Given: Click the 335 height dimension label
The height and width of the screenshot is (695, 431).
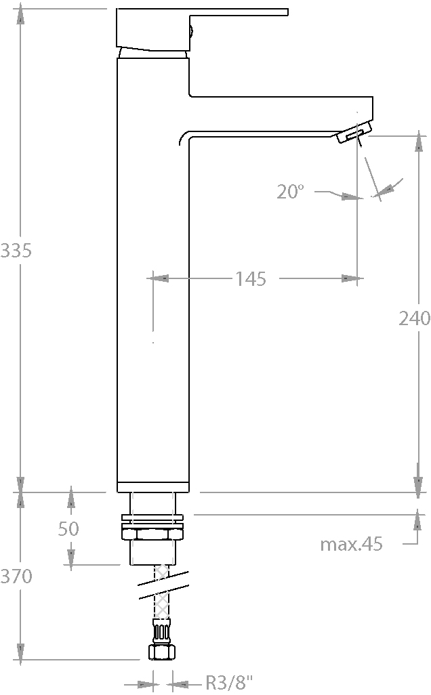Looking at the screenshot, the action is pos(16,251).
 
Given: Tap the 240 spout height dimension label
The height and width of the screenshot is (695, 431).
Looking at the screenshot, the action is pos(414,318).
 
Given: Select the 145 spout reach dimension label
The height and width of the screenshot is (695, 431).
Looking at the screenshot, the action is pos(251,279).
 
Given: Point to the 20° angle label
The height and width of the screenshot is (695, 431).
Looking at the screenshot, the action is pos(291,192).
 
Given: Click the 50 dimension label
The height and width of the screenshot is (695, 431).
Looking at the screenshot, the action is pos(68,528).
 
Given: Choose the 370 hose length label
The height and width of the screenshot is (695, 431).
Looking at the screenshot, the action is pos(16,576).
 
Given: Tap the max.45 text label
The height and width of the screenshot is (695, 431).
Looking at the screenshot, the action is pos(351,544).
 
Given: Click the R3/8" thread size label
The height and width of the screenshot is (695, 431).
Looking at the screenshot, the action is pos(229,683).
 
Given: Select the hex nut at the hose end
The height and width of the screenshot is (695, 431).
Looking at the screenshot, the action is pos(161,652).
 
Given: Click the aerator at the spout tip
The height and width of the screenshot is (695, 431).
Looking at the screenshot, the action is pos(353,133).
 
